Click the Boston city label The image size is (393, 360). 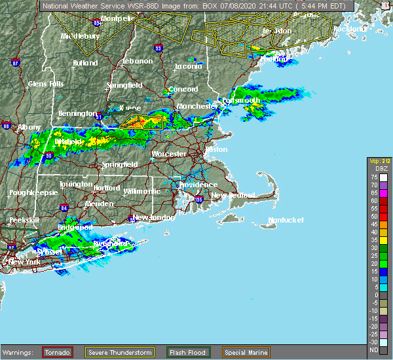(215, 149)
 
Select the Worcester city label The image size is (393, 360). (169, 154)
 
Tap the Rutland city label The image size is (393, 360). (85, 63)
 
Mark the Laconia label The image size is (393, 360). (189, 67)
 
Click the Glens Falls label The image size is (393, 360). (46, 84)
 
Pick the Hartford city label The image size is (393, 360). (107, 188)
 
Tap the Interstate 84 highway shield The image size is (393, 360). (64, 208)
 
